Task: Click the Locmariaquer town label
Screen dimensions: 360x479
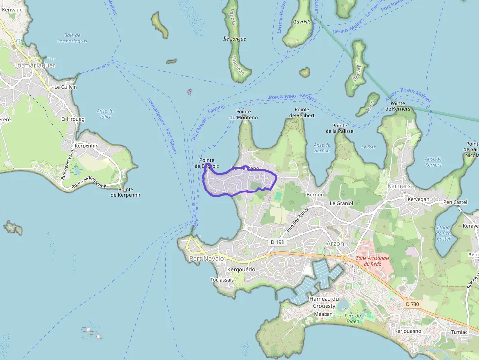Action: click(x=35, y=65)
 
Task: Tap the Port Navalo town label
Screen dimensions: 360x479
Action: click(x=206, y=258)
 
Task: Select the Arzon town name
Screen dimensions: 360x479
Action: click(x=335, y=243)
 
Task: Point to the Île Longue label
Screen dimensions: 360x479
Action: click(x=235, y=39)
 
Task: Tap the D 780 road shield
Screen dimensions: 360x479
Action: click(x=412, y=304)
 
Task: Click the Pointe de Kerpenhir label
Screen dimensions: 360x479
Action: click(x=126, y=191)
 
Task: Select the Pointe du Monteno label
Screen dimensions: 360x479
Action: click(x=243, y=114)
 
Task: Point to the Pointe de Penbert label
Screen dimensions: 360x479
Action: click(x=302, y=112)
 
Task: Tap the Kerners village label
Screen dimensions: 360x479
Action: click(x=399, y=186)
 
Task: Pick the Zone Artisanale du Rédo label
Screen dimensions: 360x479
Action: click(x=369, y=261)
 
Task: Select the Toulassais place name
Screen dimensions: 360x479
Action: click(x=222, y=280)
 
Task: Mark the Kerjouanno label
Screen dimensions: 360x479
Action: click(x=408, y=331)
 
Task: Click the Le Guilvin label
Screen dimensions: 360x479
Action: click(x=65, y=87)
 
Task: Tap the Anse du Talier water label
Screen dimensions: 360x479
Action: click(x=105, y=114)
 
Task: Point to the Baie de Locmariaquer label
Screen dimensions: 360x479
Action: click(x=72, y=38)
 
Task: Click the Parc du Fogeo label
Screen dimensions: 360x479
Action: click(x=352, y=318)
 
